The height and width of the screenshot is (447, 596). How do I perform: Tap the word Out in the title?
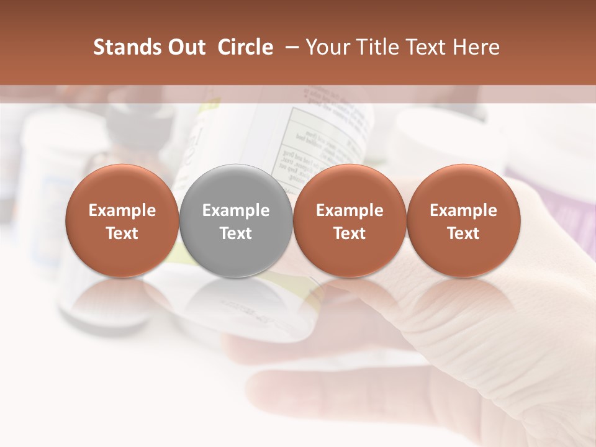coord(185,47)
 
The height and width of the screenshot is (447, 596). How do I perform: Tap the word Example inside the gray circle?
coord(236,210)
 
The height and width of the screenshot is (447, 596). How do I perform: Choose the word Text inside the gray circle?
coord(236,233)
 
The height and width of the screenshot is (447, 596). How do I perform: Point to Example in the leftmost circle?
coord(122,210)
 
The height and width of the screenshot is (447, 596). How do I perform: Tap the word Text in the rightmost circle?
coord(463,233)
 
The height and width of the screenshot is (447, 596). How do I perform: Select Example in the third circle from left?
coord(350,210)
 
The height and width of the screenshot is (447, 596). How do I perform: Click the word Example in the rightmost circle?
coord(463,210)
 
